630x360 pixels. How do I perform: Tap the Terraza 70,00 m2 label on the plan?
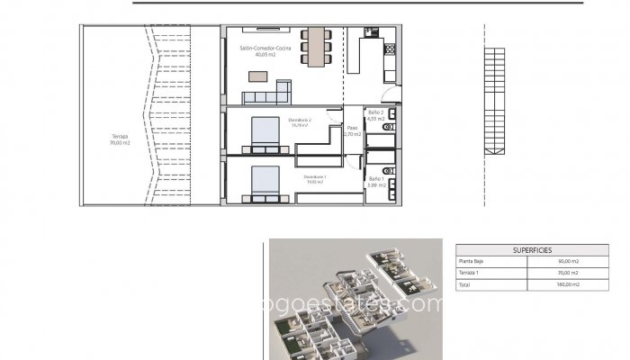tap(120, 139)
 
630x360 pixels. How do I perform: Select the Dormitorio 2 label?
tap(300, 121)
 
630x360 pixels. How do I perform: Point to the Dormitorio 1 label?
tap(315, 178)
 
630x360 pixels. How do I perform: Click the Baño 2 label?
tap(376, 115)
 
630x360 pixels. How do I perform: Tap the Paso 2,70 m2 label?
tap(353, 131)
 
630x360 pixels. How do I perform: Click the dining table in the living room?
tap(316, 48)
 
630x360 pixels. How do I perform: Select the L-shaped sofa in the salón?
tap(270, 93)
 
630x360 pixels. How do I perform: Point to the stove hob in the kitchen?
tap(390, 49)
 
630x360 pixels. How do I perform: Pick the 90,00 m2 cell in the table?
tap(567, 262)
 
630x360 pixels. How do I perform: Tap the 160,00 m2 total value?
tap(567, 283)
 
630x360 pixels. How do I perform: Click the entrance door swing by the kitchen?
tap(384, 94)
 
